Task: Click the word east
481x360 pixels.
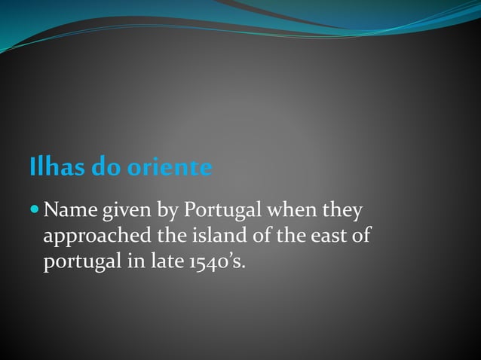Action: tap(329, 236)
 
